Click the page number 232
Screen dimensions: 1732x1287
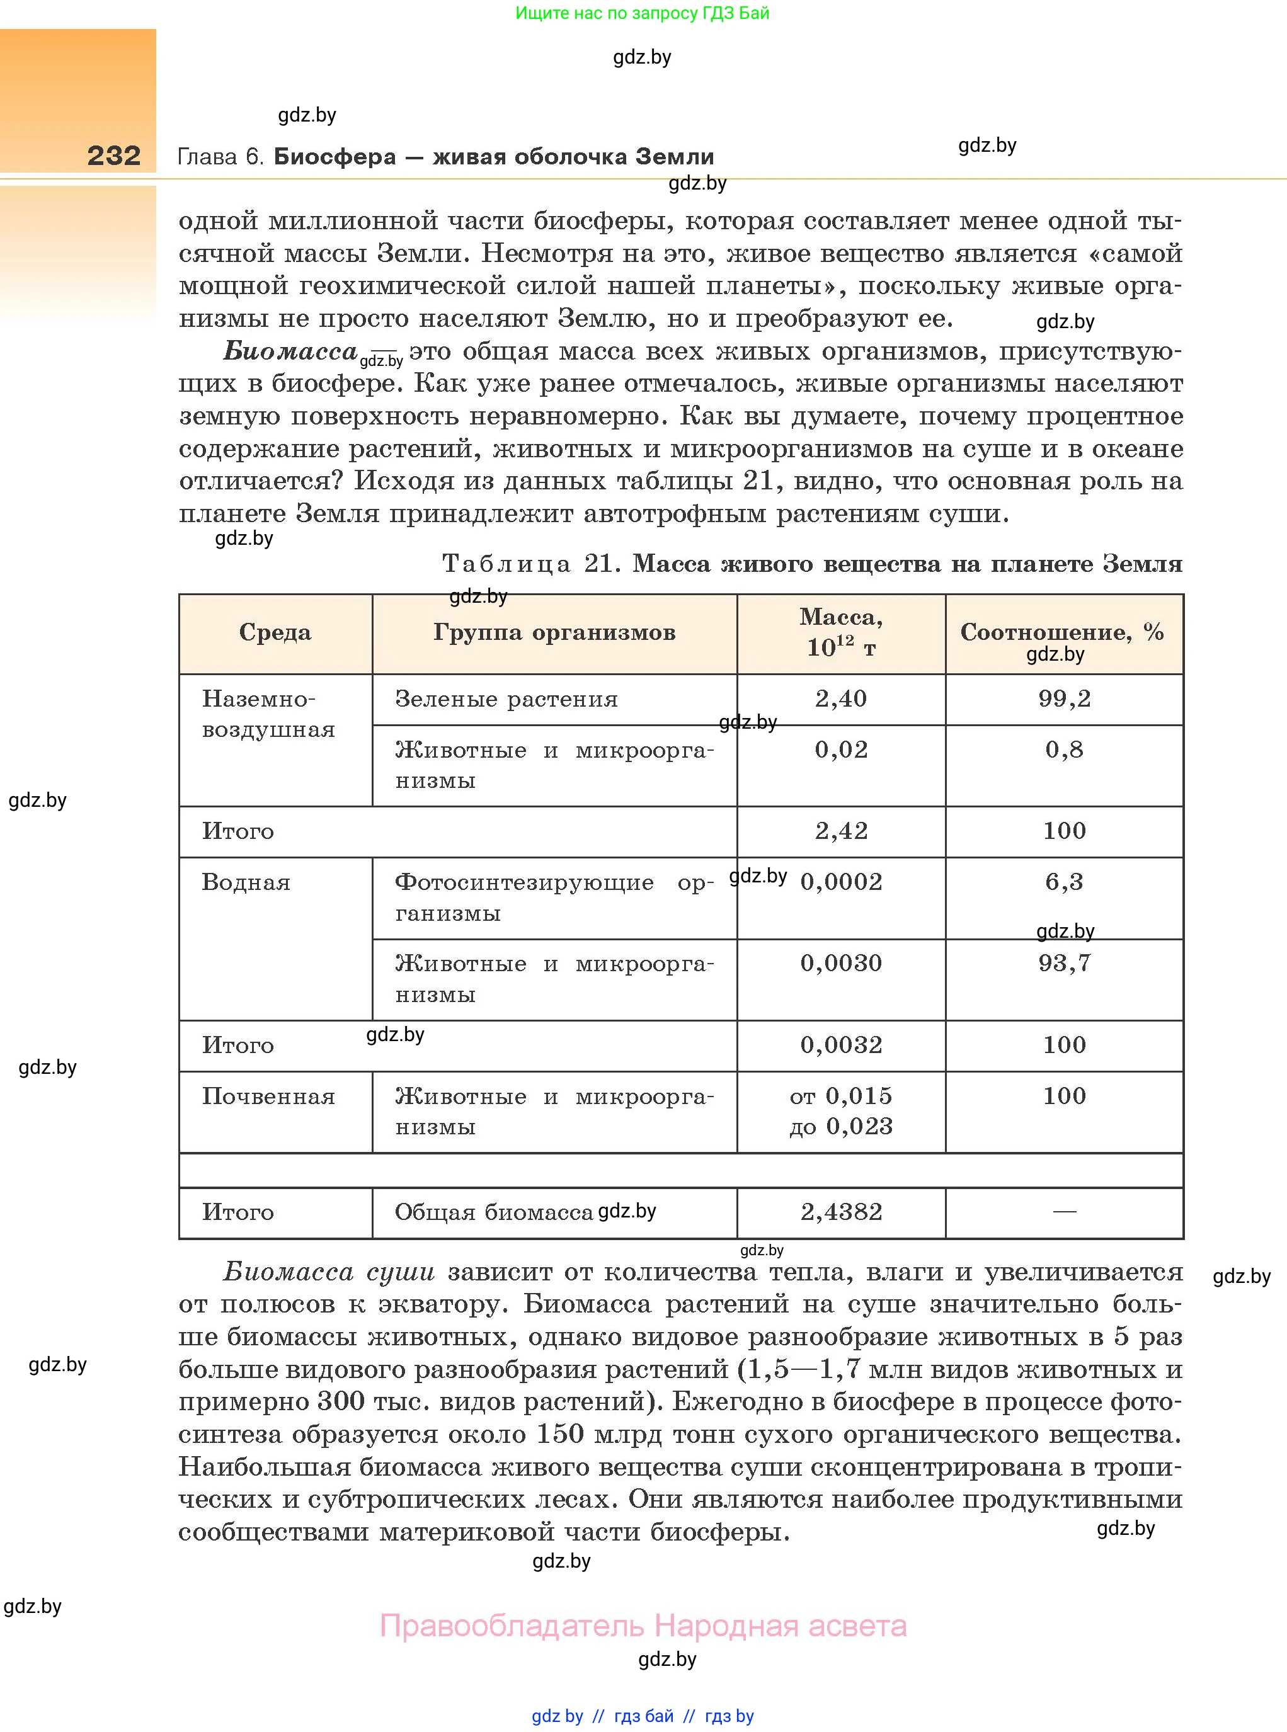coord(114,156)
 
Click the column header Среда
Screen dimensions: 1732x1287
coord(275,632)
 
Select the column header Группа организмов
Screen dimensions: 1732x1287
coord(554,632)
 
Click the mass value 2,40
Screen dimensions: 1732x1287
coord(840,698)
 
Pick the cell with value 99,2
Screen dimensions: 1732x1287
coord(1064,698)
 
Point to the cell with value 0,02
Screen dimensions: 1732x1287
coord(840,750)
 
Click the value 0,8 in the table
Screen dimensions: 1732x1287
coord(1064,750)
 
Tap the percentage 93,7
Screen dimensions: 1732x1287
coord(1064,964)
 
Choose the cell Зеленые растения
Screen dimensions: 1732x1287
coord(506,699)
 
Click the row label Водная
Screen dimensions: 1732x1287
coord(246,882)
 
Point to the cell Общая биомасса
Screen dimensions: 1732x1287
coord(494,1212)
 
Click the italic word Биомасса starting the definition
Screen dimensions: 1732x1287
coord(290,351)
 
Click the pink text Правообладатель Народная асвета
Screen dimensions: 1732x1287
coord(643,1626)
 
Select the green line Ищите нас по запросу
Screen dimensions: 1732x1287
coord(642,13)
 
